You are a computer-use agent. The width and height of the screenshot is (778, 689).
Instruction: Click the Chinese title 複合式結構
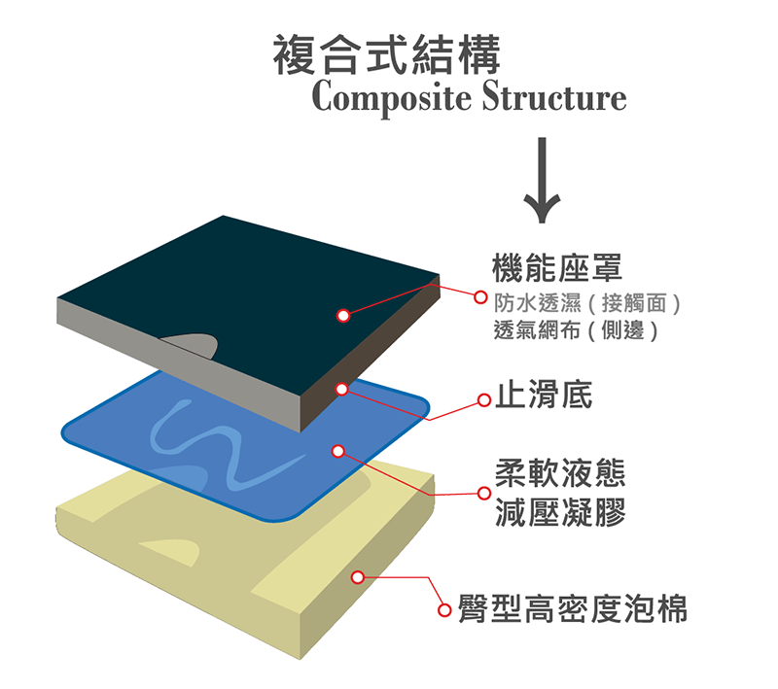(386, 56)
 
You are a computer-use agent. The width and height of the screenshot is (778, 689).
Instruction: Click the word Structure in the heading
(554, 98)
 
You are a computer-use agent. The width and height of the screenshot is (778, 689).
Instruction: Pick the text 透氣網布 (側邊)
(577, 330)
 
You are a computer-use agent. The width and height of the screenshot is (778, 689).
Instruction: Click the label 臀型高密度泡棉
(573, 609)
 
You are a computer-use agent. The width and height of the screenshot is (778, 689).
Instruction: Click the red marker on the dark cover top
(343, 315)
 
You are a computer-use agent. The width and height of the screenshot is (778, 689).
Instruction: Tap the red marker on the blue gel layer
(338, 451)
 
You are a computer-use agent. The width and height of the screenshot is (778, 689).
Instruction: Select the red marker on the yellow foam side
(358, 577)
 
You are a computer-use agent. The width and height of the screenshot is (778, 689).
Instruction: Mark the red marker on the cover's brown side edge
(342, 389)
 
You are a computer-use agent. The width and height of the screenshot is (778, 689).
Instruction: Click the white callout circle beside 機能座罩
(479, 294)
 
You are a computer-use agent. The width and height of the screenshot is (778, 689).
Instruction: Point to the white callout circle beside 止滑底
(483, 399)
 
